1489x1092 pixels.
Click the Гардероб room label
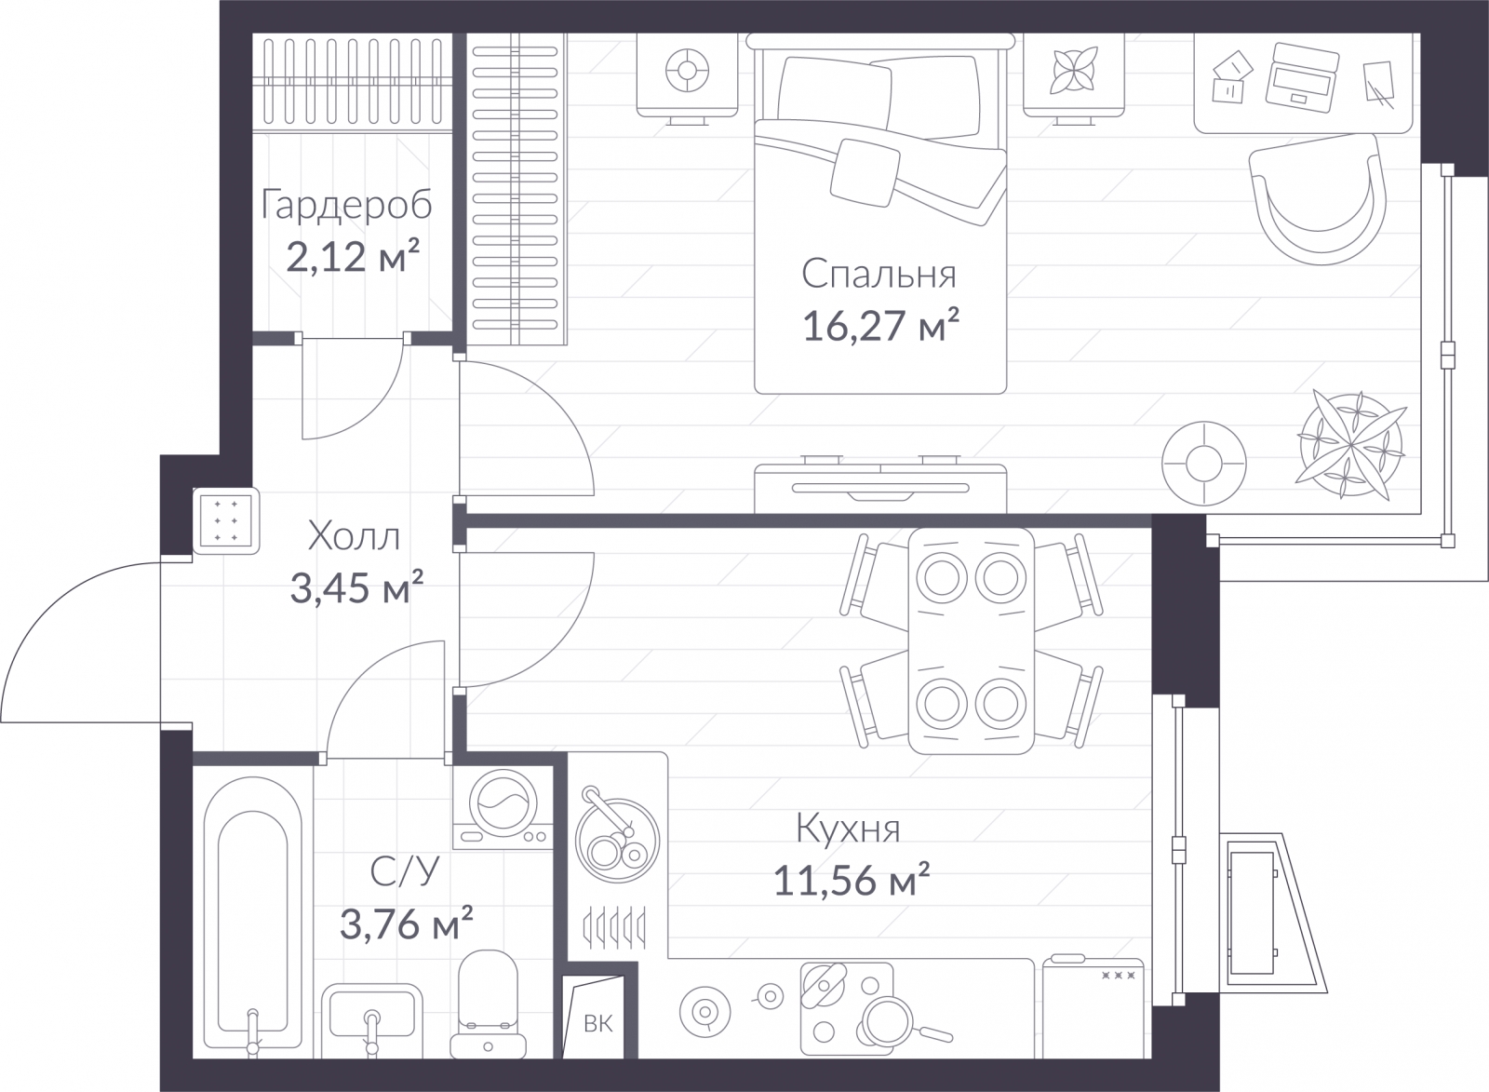(346, 205)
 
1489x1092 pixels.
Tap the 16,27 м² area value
(880, 325)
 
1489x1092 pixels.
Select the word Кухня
(848, 829)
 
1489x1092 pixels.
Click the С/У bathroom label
(405, 871)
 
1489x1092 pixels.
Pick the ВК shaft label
(597, 1023)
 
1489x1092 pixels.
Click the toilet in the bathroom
(488, 1004)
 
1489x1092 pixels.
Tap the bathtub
(252, 917)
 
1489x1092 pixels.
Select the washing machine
(503, 807)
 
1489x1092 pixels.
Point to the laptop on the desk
(1302, 78)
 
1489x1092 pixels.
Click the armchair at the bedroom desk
(1317, 198)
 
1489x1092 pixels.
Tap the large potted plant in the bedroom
(1350, 444)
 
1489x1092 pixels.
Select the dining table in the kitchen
(972, 641)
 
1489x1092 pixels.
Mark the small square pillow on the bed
(865, 172)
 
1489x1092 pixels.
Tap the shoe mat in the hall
(226, 521)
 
